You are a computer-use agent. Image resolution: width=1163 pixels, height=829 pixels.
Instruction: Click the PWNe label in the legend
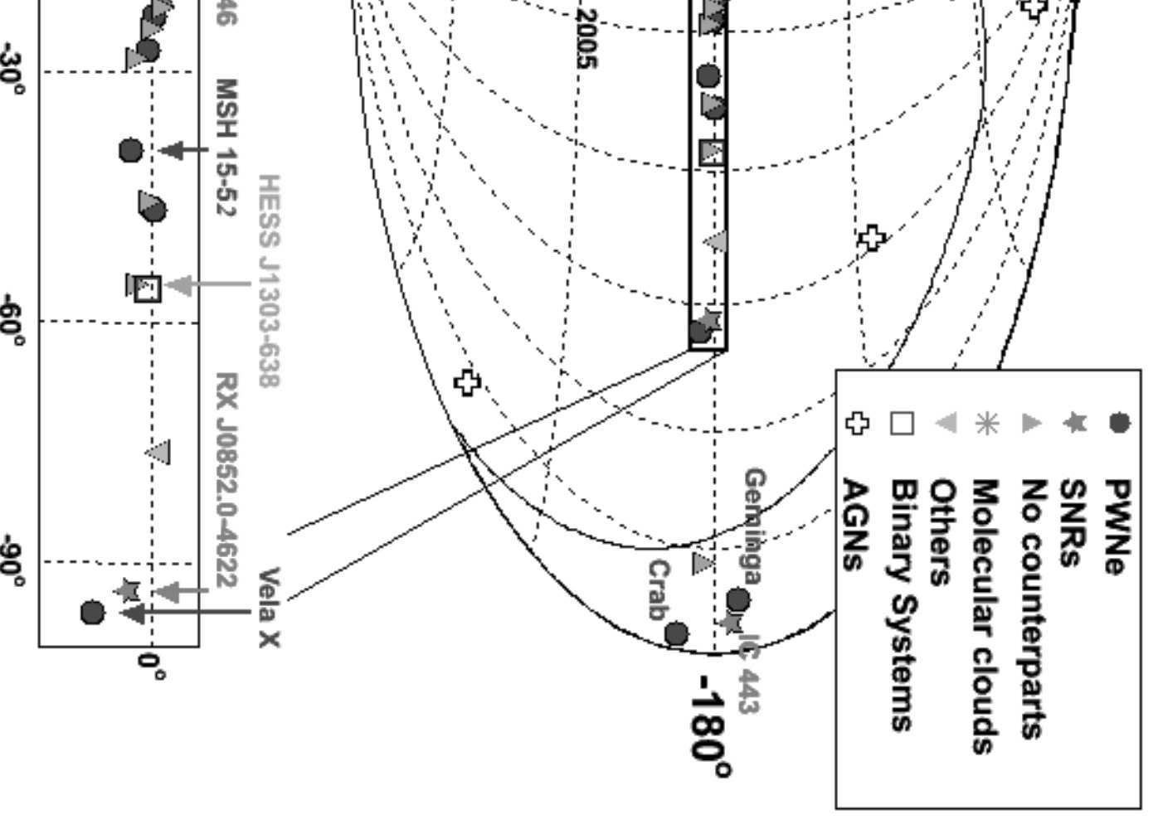pos(1117,527)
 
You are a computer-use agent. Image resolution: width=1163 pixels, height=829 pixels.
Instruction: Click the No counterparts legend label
pos(1031,608)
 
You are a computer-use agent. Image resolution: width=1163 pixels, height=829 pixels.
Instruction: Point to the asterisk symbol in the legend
pos(986,424)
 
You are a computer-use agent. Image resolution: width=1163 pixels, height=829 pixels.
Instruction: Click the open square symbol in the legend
pos(902,424)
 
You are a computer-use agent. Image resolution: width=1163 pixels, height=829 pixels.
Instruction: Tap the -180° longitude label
pos(713,729)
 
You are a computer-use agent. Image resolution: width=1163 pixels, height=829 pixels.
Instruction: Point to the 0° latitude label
pos(151,665)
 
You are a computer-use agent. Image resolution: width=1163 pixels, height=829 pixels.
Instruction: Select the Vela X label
pos(270,608)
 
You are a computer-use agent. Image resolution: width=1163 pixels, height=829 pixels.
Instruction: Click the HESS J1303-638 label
pos(270,280)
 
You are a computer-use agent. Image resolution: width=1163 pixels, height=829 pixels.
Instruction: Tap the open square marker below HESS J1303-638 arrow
pos(147,288)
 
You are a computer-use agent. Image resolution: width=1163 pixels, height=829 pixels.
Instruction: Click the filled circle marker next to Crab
pos(676,634)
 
